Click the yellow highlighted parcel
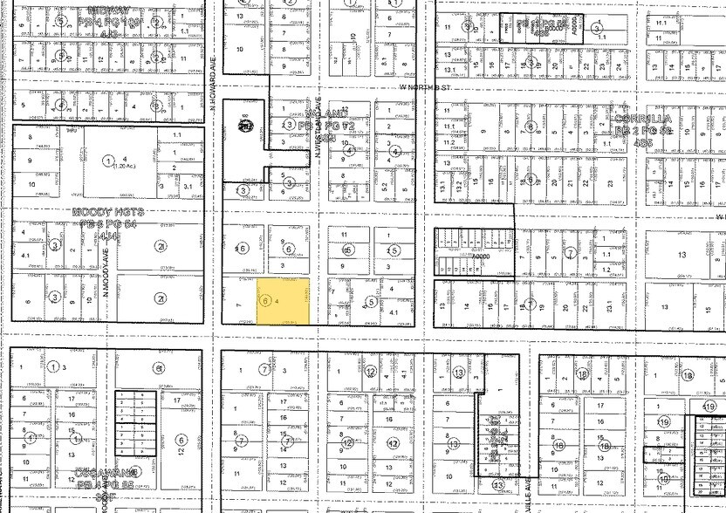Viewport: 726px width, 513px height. (285, 302)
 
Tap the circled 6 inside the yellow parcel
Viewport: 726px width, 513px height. (264, 300)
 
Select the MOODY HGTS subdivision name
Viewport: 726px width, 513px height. (108, 212)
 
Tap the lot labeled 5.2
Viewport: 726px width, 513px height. (384, 186)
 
